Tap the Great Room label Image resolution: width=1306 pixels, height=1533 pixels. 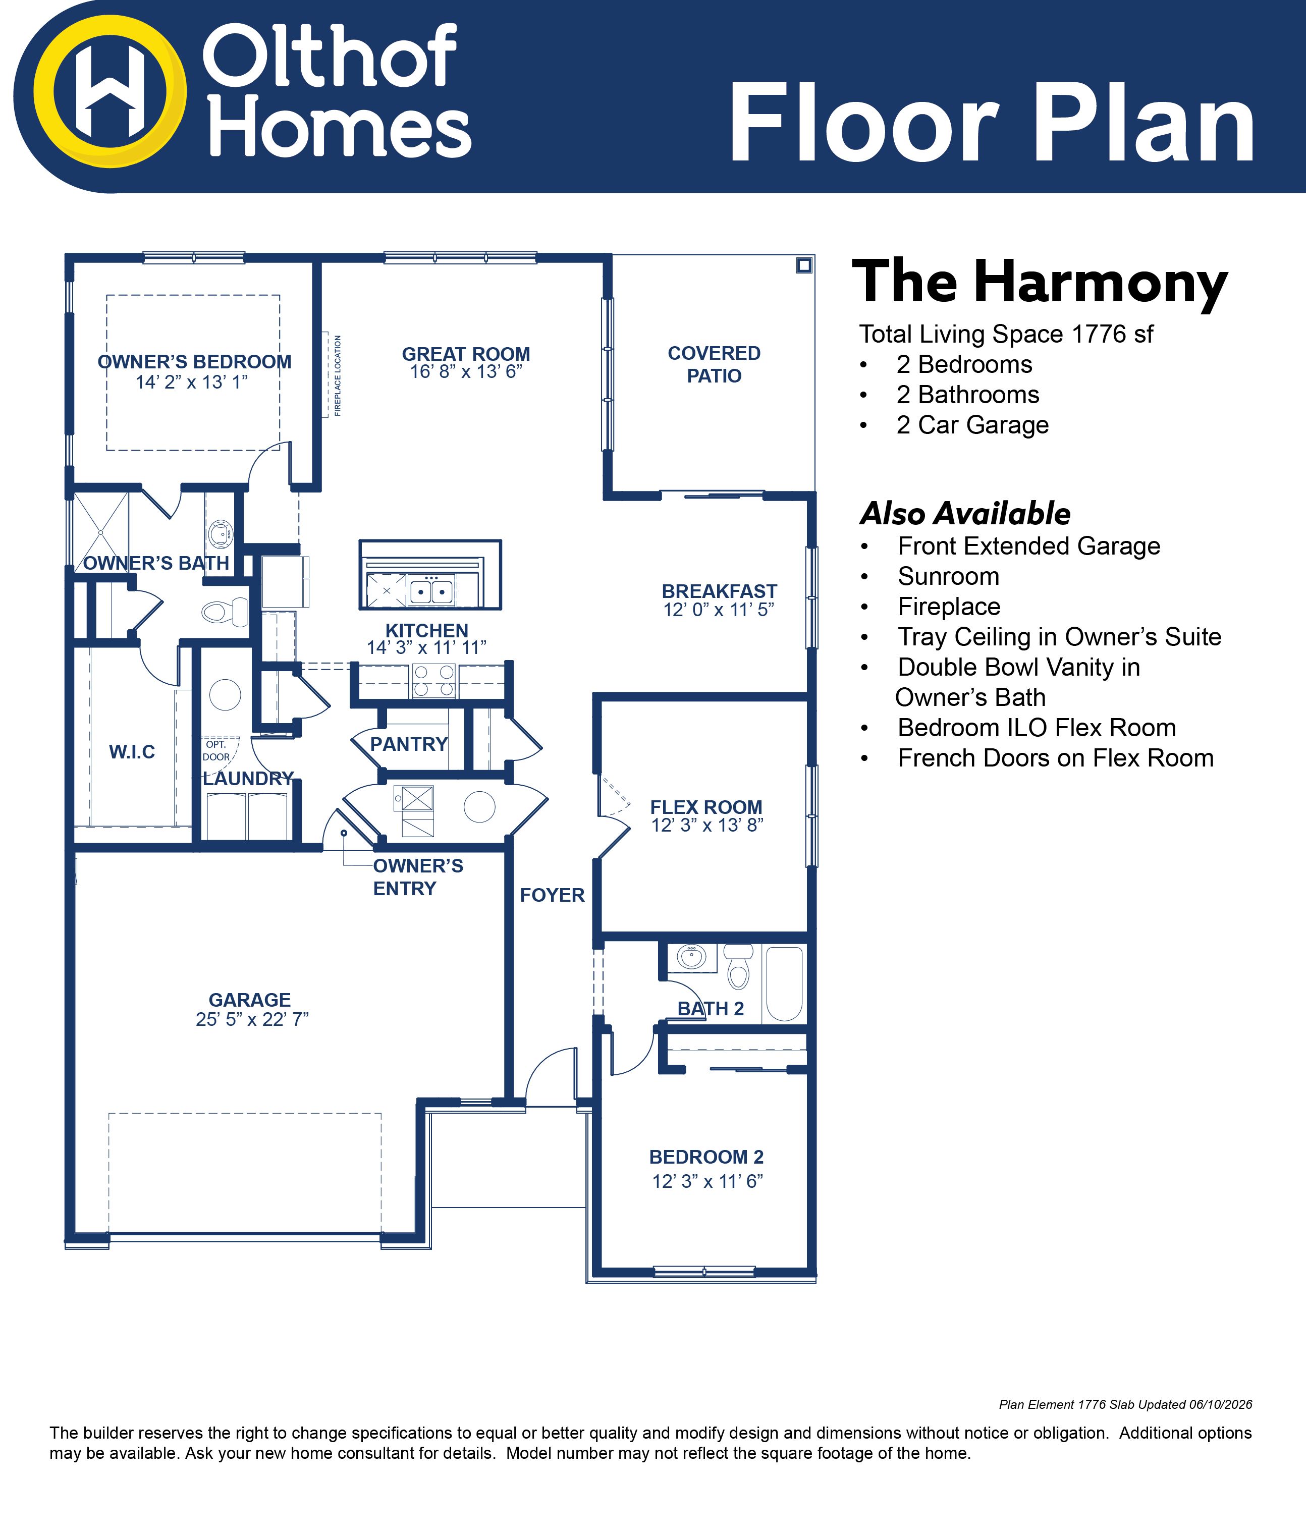pos(466,354)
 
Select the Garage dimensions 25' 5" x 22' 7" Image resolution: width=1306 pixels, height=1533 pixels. pos(252,1019)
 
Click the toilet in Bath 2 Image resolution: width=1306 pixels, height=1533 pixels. pos(738,965)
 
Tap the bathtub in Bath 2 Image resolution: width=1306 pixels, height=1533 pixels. pos(784,983)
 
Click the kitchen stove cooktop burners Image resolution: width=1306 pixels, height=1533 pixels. pos(433,681)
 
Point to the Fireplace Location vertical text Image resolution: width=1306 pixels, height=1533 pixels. pos(338,375)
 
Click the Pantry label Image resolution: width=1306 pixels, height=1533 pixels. pos(409,744)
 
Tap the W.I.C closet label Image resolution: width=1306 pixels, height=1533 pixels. pos(132,752)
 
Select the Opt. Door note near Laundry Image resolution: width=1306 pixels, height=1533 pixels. pos(216,750)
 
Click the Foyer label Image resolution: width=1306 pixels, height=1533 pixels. pos(552,895)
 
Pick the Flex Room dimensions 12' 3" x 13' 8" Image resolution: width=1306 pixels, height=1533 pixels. pos(706,826)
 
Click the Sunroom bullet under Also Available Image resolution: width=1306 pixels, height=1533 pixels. pos(948,576)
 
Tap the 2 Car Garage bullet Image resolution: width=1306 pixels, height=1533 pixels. pos(972,425)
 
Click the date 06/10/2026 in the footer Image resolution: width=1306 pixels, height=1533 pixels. pos(1220,1404)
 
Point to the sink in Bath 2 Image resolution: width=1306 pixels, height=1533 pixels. pos(692,957)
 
